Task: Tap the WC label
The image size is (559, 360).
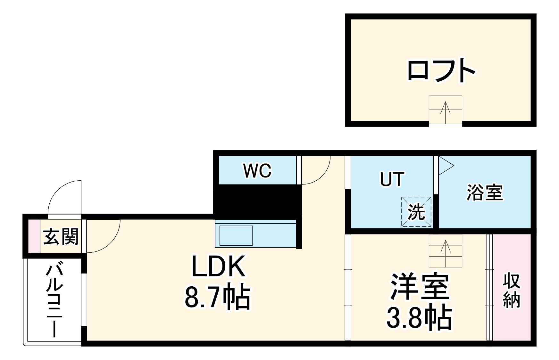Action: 257,171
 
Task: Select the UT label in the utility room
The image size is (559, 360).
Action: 392,179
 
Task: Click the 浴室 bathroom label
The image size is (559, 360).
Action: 485,192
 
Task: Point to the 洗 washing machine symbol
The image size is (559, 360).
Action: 416,212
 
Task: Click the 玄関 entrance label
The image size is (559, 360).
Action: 61,237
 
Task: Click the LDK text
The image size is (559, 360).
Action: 218,266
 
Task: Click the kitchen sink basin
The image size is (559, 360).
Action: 236,236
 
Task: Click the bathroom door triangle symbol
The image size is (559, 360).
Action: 446,166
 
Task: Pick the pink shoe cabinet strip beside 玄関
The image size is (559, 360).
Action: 34,236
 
